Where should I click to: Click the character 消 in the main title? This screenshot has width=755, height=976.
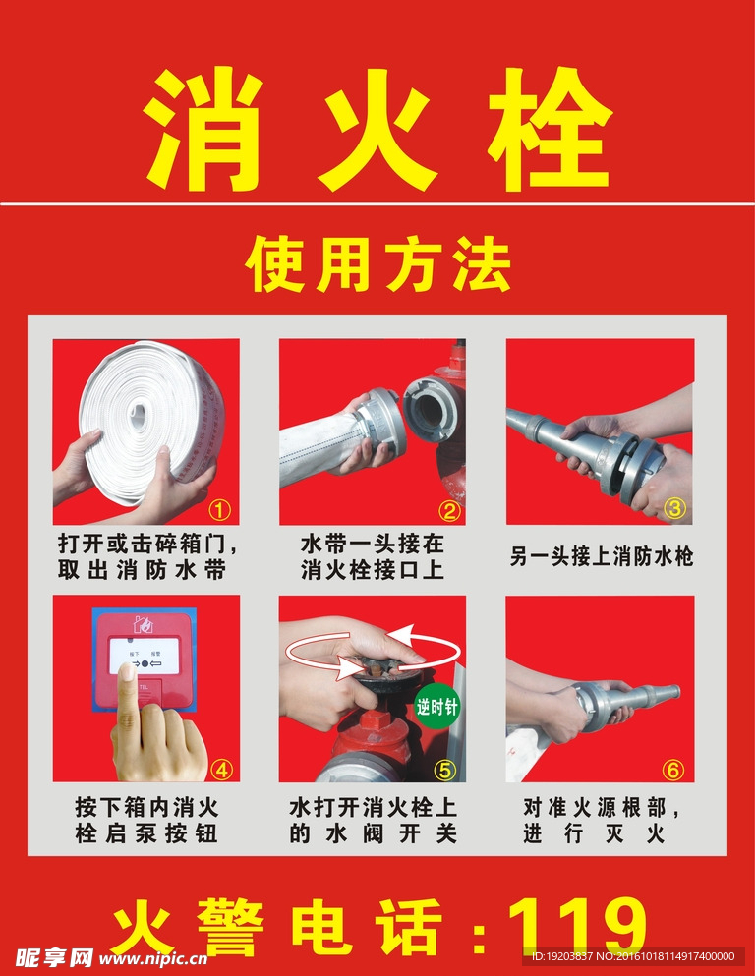point(205,132)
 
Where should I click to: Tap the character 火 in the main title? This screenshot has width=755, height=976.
point(377,132)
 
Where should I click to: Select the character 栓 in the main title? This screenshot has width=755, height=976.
point(550,132)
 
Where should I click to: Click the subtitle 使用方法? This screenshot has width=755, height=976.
point(377,263)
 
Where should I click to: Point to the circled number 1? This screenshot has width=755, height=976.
point(220,510)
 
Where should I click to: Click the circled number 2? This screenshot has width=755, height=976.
point(448,510)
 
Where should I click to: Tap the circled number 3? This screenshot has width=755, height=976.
point(674,509)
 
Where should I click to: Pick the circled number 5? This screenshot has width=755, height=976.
point(445,769)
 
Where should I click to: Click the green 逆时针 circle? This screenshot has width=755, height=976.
point(436,706)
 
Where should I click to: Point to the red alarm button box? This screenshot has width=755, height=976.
point(144,659)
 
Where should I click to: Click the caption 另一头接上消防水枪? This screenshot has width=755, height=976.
point(601,556)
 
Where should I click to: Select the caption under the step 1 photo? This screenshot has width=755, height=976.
point(146,556)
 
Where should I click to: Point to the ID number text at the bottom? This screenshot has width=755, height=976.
point(633,955)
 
